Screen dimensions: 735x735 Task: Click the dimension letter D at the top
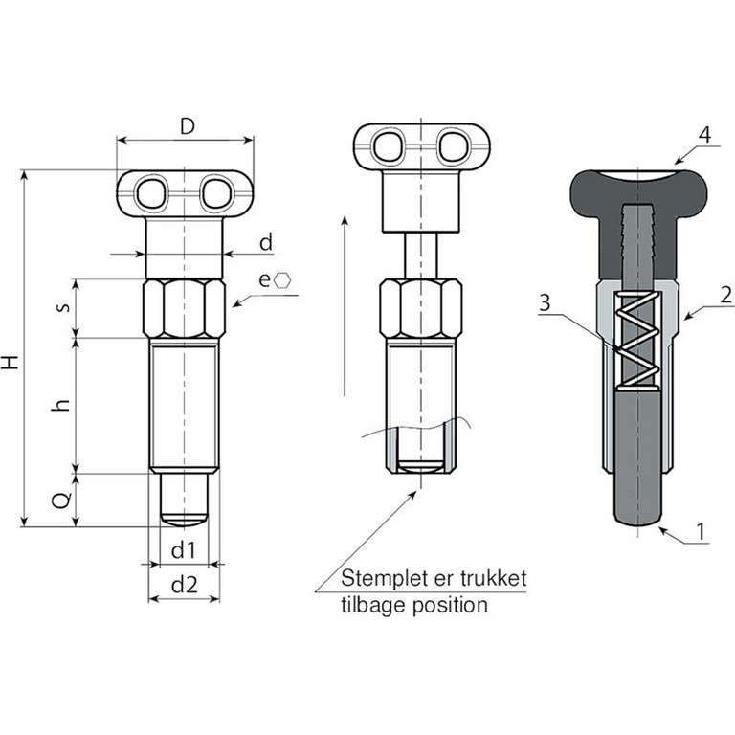pos(188,126)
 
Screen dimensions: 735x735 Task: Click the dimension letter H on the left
pos(11,363)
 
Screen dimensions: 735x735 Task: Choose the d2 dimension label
pos(184,586)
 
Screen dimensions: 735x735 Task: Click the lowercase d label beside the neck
pos(266,243)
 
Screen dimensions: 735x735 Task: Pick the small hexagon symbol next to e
pos(284,279)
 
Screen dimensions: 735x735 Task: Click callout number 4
pos(704,135)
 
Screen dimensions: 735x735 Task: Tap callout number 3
pos(545,304)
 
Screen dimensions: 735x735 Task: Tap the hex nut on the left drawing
pos(185,308)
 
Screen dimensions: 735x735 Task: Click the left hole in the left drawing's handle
pos(151,194)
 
